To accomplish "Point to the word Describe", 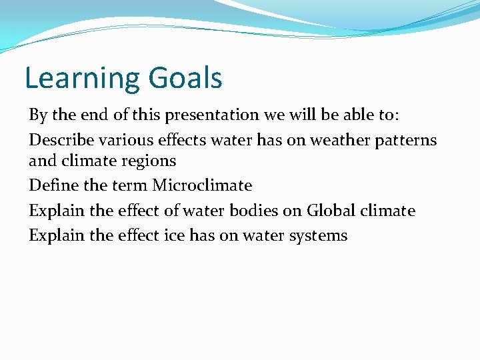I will coord(58,140).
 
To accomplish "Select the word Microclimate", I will coord(202,185).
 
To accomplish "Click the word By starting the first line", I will coord(37,115).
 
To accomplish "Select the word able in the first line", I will coord(361,115).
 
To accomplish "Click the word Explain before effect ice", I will coord(56,235).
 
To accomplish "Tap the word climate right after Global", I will coord(388,211).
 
